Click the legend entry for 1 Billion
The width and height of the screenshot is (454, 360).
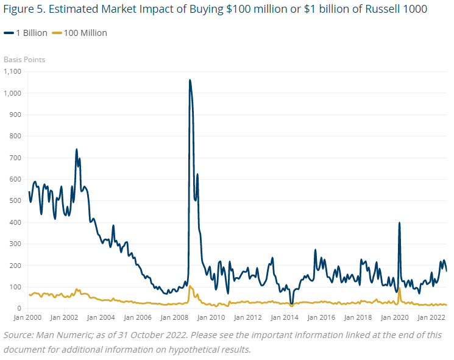point(30,33)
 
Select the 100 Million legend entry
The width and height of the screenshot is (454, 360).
point(85,33)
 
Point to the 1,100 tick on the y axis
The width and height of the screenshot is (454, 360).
point(13,72)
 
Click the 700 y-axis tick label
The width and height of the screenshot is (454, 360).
point(15,158)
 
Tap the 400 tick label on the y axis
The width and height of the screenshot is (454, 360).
point(15,222)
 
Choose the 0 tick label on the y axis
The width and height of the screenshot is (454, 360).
point(18,309)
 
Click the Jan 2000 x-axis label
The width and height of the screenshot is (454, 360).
point(26,318)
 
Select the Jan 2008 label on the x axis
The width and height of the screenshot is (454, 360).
point(176,318)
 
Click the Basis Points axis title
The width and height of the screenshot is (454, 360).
point(24,60)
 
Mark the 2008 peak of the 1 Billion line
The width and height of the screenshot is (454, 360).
point(190,80)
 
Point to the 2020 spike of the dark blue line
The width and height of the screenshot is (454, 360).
point(399,223)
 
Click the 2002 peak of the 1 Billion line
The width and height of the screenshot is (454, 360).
point(76,149)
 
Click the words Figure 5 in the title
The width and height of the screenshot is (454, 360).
point(23,10)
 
